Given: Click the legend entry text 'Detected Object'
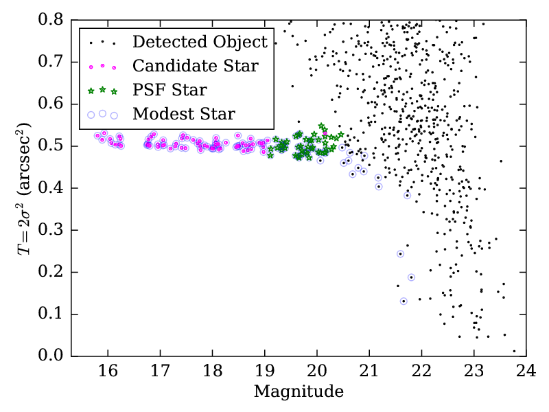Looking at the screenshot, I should coord(200,42).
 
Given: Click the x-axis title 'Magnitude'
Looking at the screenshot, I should coord(299,393).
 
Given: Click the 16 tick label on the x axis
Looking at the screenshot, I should coord(108,371).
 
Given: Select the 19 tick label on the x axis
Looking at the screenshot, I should coord(264,371).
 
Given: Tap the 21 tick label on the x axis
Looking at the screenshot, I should coord(369,371).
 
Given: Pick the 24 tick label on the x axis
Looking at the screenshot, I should coord(526,371).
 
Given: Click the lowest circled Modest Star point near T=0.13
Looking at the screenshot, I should coord(404,301).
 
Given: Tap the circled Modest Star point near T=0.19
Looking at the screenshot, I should coord(411,277).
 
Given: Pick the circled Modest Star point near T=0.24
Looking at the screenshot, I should coord(400,254).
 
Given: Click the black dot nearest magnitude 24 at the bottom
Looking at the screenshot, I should coord(514,351).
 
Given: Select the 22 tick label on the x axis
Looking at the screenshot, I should coord(421,371).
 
